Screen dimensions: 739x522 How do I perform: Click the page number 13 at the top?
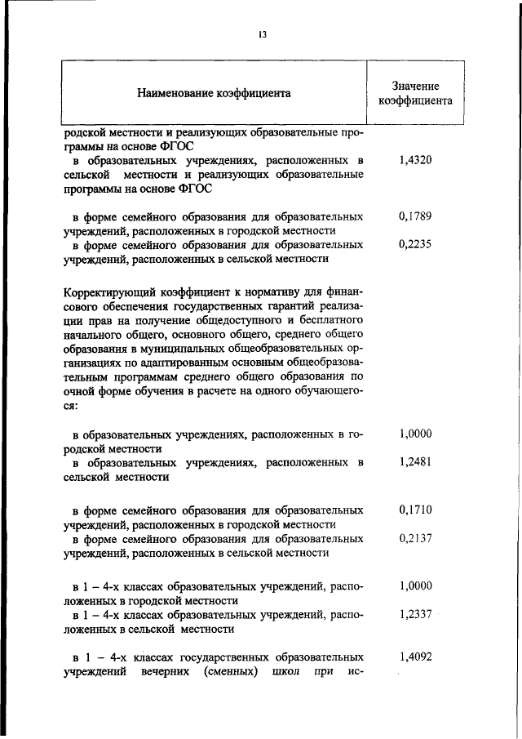coord(262,34)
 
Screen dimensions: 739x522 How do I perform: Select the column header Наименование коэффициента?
coord(214,94)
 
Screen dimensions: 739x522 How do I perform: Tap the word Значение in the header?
coord(415,86)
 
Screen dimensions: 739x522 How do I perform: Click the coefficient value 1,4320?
coord(415,160)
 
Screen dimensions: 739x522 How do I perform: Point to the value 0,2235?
coord(415,244)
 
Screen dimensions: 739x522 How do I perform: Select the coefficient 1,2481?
coord(415,462)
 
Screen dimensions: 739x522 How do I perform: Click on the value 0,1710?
coord(415,510)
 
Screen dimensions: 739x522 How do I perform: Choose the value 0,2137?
coord(415,538)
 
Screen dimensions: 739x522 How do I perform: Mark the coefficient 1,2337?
coord(415,614)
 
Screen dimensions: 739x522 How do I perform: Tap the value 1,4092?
coord(415,656)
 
